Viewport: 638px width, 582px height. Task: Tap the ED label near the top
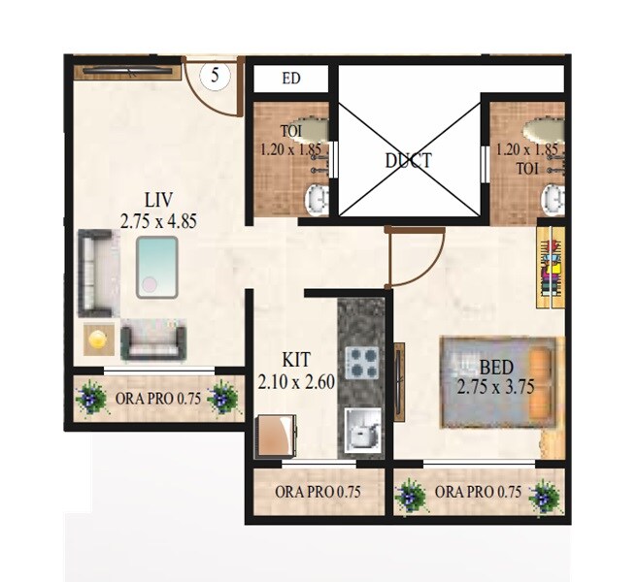pyautogui.click(x=290, y=80)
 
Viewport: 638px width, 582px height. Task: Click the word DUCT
pyautogui.click(x=407, y=161)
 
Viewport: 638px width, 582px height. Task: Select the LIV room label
pyautogui.click(x=158, y=201)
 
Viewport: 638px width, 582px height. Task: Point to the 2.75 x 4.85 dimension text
pyautogui.click(x=158, y=221)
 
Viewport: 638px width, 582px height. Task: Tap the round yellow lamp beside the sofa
pyautogui.click(x=97, y=338)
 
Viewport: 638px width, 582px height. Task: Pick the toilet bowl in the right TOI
pyautogui.click(x=552, y=200)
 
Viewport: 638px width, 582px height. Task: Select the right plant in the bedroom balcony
pyautogui.click(x=545, y=495)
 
